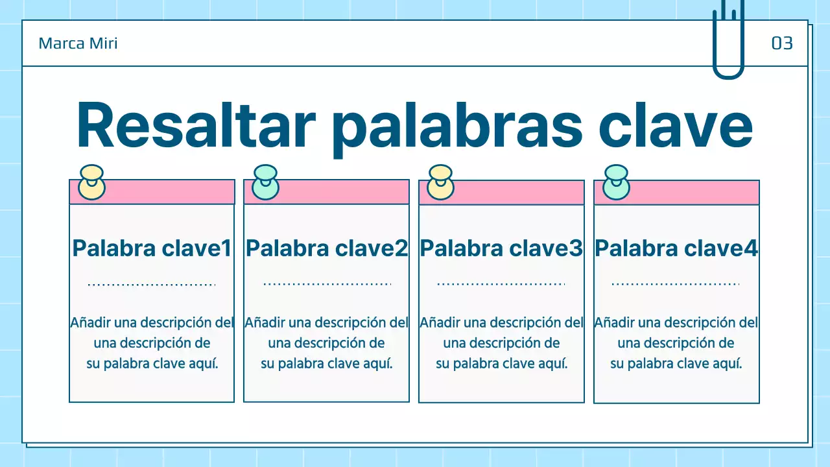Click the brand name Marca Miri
pyautogui.click(x=78, y=43)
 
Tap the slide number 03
pyautogui.click(x=782, y=43)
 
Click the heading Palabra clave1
pyautogui.click(x=152, y=248)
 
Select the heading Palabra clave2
pyautogui.click(x=327, y=248)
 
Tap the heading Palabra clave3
pyautogui.click(x=501, y=248)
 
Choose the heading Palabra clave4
pyautogui.click(x=676, y=248)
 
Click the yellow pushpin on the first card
pyautogui.click(x=91, y=183)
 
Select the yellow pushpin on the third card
pyautogui.click(x=441, y=183)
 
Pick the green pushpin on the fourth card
pyautogui.click(x=616, y=182)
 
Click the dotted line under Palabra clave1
pyautogui.click(x=152, y=284)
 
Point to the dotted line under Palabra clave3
pyautogui.click(x=501, y=284)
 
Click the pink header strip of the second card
pyautogui.click(x=344, y=192)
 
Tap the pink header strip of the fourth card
pyautogui.click(x=694, y=193)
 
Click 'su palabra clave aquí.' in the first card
pyautogui.click(x=152, y=363)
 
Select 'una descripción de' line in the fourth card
pyautogui.click(x=676, y=342)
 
